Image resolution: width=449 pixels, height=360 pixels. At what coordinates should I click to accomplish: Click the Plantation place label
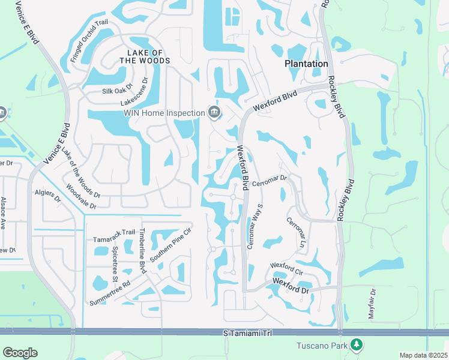coord(306,64)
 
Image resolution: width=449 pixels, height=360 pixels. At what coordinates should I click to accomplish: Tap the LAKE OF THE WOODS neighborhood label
coord(145,56)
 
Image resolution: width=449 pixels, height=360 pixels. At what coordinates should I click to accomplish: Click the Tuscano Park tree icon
coord(357,344)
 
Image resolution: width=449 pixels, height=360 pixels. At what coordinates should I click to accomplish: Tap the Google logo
coord(20,353)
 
